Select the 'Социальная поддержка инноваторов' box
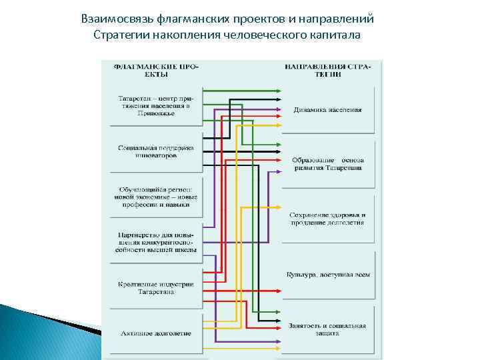click(x=155, y=151)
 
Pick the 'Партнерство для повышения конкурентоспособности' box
click(x=155, y=243)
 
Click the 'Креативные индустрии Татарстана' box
click(x=155, y=288)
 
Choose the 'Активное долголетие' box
click(x=155, y=333)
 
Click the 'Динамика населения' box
click(x=327, y=109)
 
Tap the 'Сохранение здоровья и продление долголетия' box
click(x=327, y=219)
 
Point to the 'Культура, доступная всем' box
click(x=327, y=275)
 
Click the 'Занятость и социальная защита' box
click(x=327, y=329)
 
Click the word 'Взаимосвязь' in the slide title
click(x=114, y=18)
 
